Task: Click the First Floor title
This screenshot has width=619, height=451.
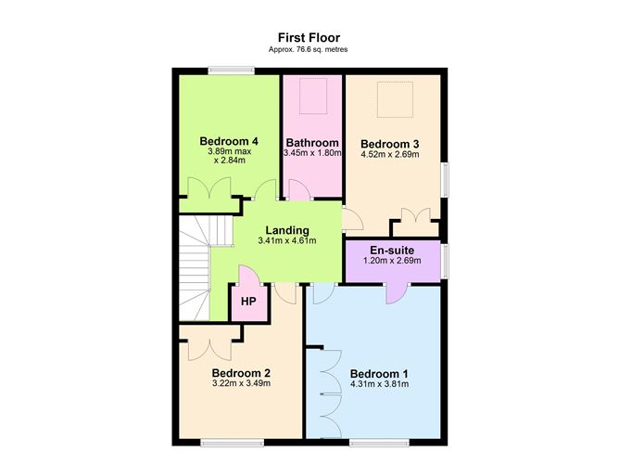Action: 309,38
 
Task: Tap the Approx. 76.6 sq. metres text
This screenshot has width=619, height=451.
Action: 309,49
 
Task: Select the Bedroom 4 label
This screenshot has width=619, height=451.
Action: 229,141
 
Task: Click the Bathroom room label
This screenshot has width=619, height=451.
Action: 311,142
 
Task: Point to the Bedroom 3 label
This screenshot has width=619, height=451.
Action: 390,144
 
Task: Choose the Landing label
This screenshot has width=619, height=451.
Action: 287,230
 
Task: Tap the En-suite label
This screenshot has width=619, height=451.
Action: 391,251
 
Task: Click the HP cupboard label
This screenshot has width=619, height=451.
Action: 247,302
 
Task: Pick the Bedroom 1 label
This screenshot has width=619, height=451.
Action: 379,374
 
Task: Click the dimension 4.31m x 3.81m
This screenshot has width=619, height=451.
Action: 379,385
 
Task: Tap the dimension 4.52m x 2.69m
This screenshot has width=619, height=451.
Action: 390,155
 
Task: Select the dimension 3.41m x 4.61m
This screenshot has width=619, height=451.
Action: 287,241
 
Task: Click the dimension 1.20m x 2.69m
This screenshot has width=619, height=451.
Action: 391,262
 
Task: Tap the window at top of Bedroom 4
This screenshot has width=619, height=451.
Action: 231,69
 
